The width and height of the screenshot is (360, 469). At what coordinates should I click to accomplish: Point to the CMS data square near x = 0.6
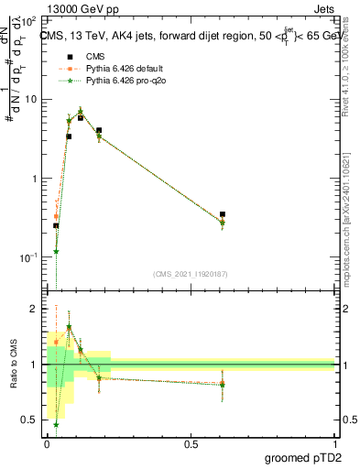pyautogui.click(x=223, y=214)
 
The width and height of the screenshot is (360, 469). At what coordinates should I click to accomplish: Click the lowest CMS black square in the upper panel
pyautogui.click(x=56, y=225)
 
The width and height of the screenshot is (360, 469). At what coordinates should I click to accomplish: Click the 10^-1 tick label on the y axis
pyautogui.click(x=31, y=258)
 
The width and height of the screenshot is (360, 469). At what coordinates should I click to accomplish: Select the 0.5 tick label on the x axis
pyautogui.click(x=191, y=443)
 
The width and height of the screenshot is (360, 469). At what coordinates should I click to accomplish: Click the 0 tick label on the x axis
pyautogui.click(x=47, y=443)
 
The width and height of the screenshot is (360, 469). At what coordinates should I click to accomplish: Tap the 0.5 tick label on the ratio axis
pyautogui.click(x=33, y=420)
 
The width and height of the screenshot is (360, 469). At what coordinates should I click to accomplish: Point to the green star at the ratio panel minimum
pyautogui.click(x=56, y=424)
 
